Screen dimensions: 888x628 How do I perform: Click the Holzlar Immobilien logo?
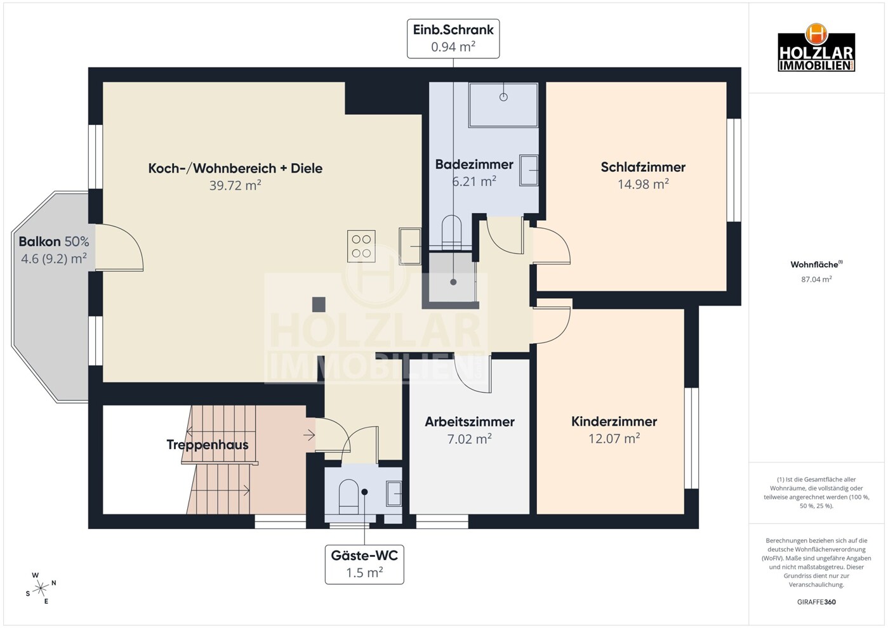tap(816, 48)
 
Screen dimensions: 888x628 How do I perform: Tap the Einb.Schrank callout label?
tap(453, 39)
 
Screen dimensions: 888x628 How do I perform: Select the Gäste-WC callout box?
tap(364, 564)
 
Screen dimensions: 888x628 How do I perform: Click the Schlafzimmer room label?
tap(643, 167)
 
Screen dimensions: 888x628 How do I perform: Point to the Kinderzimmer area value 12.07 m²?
tap(614, 438)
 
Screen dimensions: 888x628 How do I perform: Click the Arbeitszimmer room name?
tap(469, 422)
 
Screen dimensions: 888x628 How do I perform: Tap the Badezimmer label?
tap(474, 164)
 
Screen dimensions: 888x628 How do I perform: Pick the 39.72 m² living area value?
tap(235, 185)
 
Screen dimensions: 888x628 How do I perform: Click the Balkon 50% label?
tap(54, 241)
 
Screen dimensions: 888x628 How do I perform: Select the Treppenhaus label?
tap(208, 445)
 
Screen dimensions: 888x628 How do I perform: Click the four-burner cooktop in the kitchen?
tap(361, 246)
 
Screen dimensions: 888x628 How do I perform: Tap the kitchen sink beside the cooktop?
tap(410, 246)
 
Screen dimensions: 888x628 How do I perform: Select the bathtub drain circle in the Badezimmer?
tap(503, 96)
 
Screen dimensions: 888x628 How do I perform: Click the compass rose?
tap(41, 589)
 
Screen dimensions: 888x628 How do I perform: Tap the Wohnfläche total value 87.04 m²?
tap(816, 279)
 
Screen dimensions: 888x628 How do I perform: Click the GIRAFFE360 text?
tap(816, 602)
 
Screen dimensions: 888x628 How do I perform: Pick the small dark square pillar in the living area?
tap(319, 304)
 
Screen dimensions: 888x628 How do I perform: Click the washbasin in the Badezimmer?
tap(529, 171)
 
